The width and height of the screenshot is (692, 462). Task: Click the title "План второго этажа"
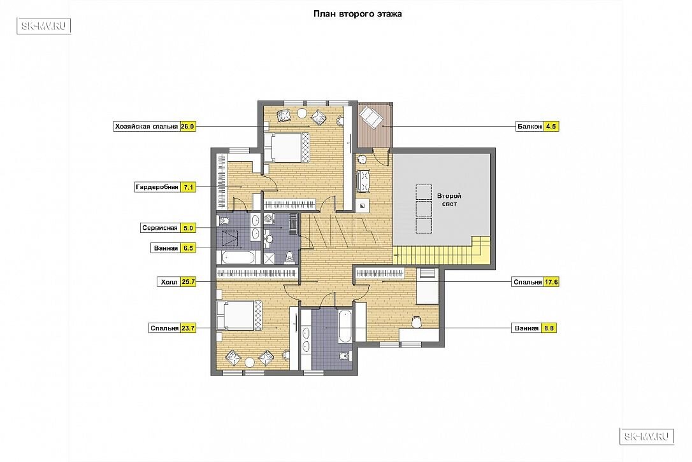tap(357, 13)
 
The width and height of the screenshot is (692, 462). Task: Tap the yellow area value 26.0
tap(187, 127)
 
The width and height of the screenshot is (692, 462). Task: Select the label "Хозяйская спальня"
tap(147, 127)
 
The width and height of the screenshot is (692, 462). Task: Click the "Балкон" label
tap(530, 127)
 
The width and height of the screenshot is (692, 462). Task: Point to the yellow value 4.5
tap(551, 127)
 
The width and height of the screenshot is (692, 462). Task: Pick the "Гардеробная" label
tap(157, 187)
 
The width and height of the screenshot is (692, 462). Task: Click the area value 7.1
tap(189, 187)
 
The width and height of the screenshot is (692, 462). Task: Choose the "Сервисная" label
tap(160, 228)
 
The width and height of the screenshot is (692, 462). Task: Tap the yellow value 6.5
tap(189, 248)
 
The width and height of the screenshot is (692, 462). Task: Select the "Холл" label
tap(169, 282)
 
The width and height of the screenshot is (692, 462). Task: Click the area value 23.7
tap(188, 328)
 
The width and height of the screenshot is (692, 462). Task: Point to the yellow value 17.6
tap(551, 282)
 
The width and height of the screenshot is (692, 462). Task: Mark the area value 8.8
tap(549, 328)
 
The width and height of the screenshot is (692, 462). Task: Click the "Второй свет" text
tap(449, 200)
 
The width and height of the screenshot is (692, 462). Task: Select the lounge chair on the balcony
tap(371, 117)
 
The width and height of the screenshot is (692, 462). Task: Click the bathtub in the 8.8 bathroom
tap(345, 326)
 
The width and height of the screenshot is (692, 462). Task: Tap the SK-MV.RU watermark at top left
tap(44, 26)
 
